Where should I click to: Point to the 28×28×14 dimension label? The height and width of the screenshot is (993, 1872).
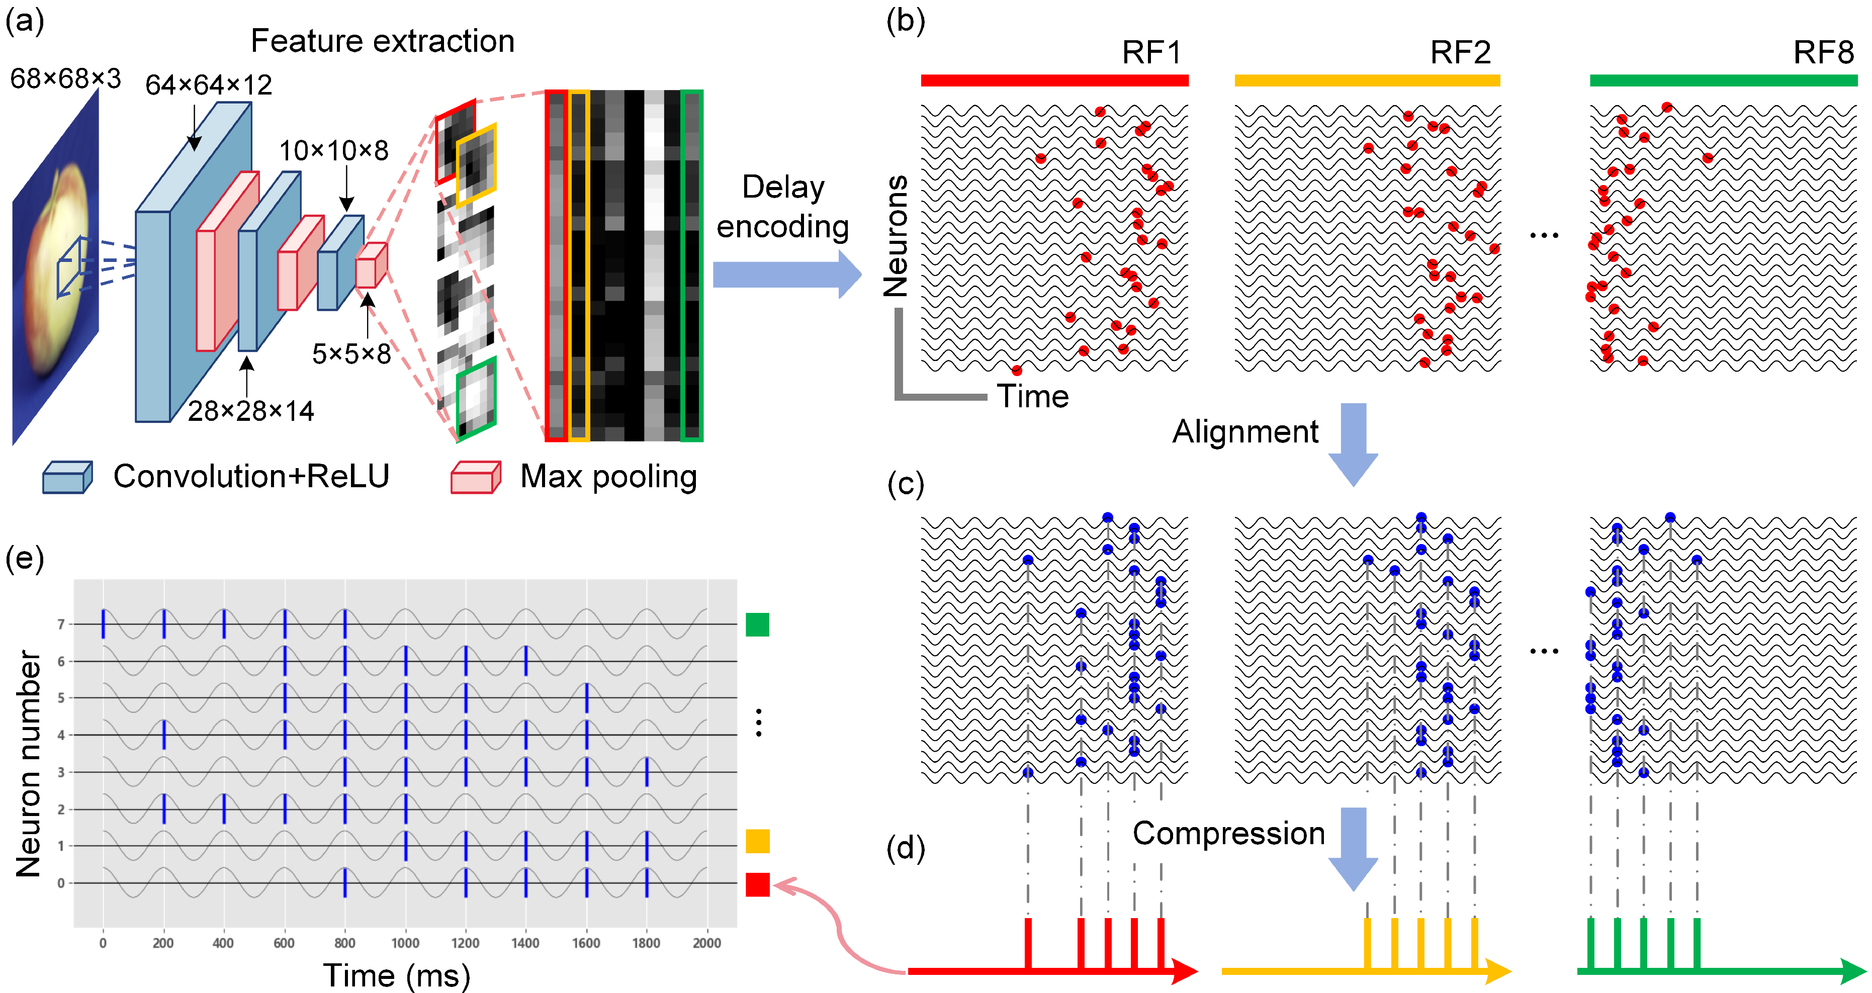click(x=251, y=411)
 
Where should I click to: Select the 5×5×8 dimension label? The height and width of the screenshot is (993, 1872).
click(x=352, y=354)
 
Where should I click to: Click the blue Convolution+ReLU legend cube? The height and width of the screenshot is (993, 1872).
click(x=67, y=477)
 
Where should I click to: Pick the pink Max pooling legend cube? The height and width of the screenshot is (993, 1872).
click(x=475, y=477)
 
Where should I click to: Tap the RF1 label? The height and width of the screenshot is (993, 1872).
click(x=1152, y=52)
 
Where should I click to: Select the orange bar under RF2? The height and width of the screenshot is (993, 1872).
click(x=1367, y=80)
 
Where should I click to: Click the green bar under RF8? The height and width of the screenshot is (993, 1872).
click(x=1723, y=80)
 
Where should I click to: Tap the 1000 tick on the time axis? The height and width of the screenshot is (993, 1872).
click(x=405, y=943)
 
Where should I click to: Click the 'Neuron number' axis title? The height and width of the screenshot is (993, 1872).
click(x=29, y=763)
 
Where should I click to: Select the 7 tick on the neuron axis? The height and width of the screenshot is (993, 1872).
click(x=61, y=624)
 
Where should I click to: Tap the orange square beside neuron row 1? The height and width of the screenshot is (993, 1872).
click(x=757, y=841)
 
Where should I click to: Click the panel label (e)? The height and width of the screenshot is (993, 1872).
click(x=25, y=559)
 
